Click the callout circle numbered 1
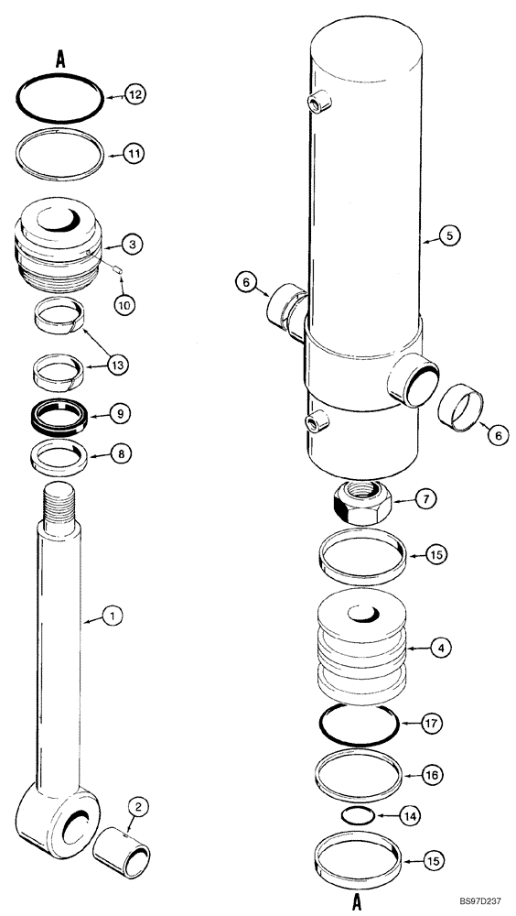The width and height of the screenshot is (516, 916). [111, 617]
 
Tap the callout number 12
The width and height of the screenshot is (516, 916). [134, 94]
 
